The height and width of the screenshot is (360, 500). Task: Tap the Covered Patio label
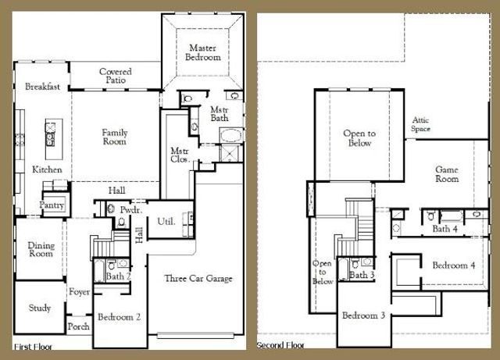coord(115,77)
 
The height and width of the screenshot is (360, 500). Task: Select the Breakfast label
coord(43,87)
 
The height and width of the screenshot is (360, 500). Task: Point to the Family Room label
coord(115,138)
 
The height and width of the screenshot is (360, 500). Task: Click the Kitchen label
coord(46,169)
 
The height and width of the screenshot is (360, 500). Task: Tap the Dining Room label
coord(41,249)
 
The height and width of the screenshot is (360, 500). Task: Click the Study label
coord(40,308)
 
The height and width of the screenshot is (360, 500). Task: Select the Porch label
coord(78,326)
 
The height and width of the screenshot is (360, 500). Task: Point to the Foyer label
coord(79,293)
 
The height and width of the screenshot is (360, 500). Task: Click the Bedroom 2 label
coord(119,317)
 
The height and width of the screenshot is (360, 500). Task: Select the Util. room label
coord(166,222)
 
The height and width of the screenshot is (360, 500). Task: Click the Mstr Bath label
coord(219,114)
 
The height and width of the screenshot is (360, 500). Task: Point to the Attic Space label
coord(421,124)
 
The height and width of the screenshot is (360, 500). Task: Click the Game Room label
coord(447,174)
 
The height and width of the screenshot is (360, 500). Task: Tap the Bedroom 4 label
coord(454,265)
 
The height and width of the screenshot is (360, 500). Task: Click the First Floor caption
coord(33,345)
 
